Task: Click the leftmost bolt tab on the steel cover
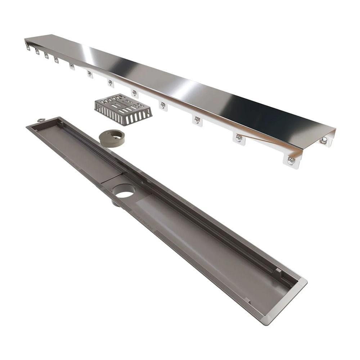pyautogui.click(x=28, y=47)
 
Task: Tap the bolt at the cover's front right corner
pyautogui.click(x=291, y=161)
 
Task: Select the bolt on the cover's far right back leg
pyautogui.click(x=324, y=140)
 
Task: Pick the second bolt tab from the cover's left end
pyautogui.click(x=37, y=51)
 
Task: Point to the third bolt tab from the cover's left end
pyautogui.click(x=46, y=55)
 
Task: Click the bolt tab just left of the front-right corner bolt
pyautogui.click(x=238, y=138)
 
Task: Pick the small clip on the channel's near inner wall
pyautogui.click(x=247, y=300)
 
